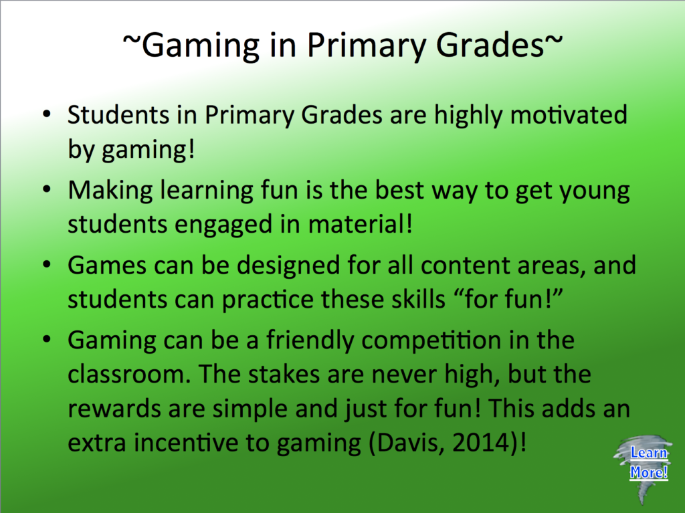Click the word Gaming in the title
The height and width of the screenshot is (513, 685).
point(201,46)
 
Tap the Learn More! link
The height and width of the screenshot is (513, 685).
point(649,462)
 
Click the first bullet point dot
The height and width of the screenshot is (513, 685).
point(47,114)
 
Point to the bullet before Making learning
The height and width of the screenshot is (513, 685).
point(47,190)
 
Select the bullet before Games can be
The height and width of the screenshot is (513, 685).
point(47,265)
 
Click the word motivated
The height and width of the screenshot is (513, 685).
point(569,115)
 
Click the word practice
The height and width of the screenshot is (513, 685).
point(268,300)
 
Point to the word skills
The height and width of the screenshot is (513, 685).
point(418,300)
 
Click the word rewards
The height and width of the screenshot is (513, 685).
point(114,409)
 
